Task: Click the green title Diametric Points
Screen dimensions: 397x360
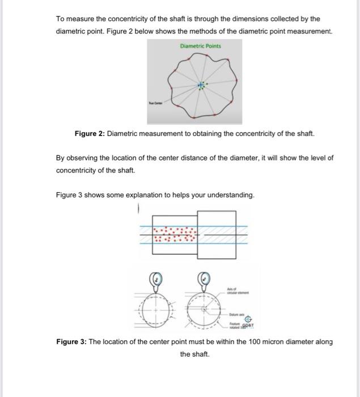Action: coord(200,46)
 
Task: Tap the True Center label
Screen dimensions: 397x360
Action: coord(155,103)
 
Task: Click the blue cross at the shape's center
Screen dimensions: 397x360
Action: coord(200,86)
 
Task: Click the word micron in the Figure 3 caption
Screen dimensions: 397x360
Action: coord(260,341)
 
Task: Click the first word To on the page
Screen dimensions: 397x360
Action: coord(60,19)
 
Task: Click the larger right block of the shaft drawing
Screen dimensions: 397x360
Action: coord(217,229)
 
